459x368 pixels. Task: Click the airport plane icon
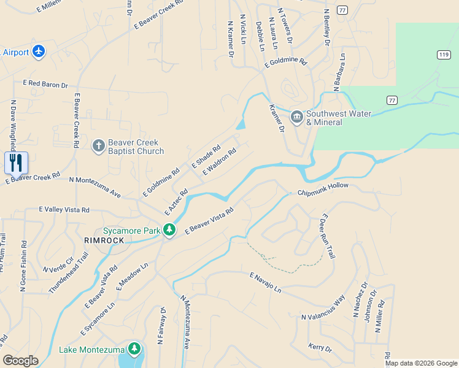coord(39,52)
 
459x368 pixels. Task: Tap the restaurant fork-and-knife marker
coord(17,163)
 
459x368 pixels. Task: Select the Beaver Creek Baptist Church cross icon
coord(98,146)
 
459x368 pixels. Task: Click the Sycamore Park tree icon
coord(170,231)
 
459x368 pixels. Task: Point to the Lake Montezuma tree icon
coord(134,350)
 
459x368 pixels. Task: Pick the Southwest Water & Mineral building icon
coord(297,117)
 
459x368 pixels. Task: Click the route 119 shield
coord(442,55)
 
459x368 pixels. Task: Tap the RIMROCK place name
coord(104,240)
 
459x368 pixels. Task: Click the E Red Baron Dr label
coord(45,84)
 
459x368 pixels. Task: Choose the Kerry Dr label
coord(320,348)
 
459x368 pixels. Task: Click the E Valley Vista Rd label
coord(64,210)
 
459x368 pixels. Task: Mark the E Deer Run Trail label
coord(327,237)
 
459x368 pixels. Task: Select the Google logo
coord(20,361)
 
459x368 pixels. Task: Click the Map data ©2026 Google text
coord(421,363)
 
